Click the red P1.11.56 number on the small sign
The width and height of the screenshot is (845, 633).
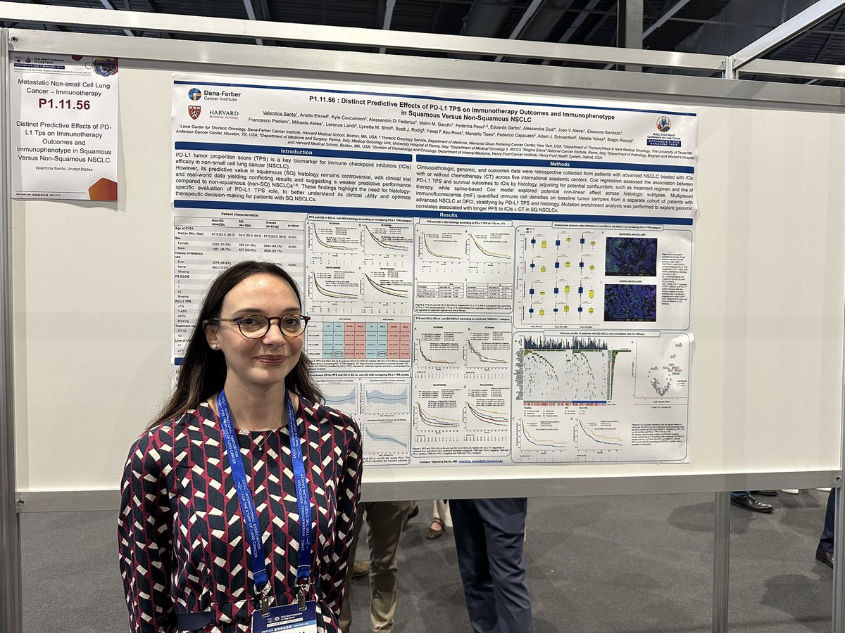coord(64,103)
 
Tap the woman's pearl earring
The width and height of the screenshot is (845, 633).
coord(213,346)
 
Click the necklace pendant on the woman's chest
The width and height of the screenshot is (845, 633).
coord(261,445)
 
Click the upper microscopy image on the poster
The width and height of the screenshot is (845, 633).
coord(630,255)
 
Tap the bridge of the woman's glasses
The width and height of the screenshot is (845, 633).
coord(274,324)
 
